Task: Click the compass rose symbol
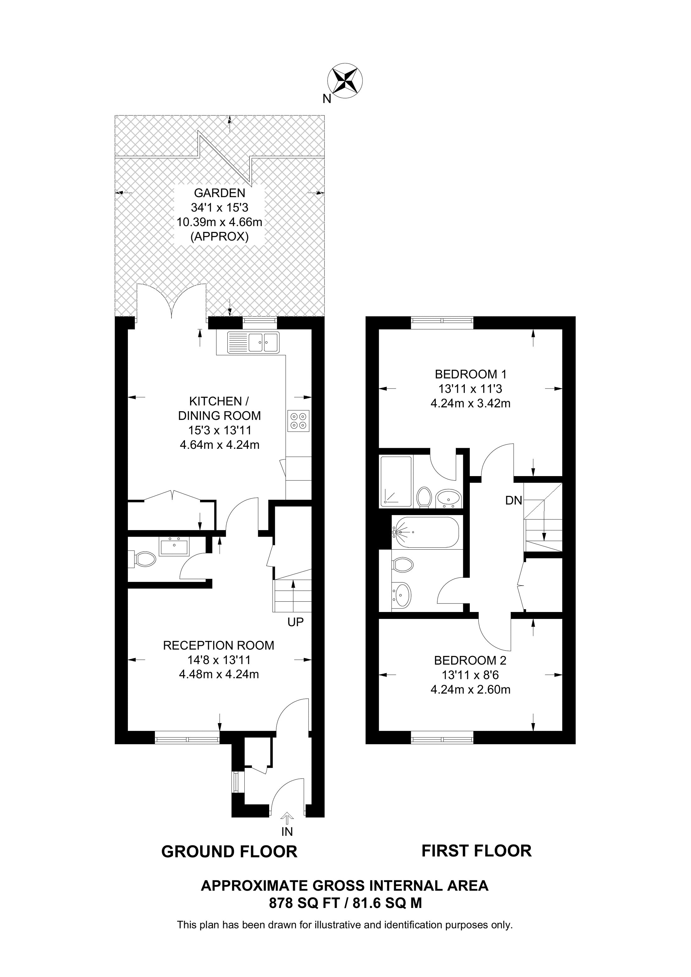[x=345, y=80]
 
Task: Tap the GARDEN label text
[x=219, y=193]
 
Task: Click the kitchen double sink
[x=253, y=342]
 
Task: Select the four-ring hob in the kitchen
[x=298, y=420]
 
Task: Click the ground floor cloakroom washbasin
[x=174, y=546]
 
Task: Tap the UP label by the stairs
[x=296, y=622]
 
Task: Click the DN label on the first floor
[x=514, y=501]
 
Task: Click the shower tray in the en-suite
[x=396, y=482]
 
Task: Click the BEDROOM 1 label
[x=471, y=374]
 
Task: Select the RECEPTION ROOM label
[x=218, y=646]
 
